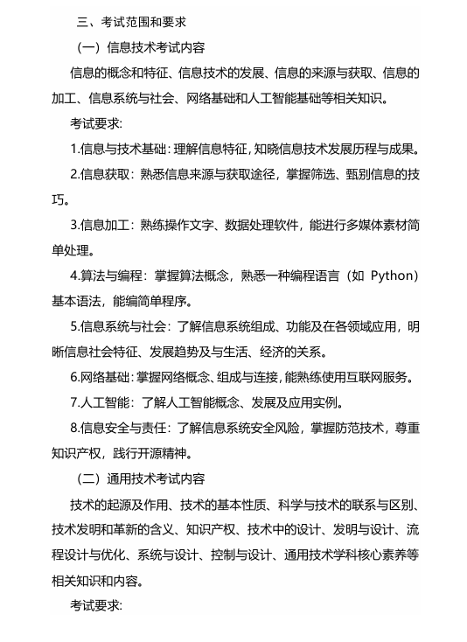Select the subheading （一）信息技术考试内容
pos(142,46)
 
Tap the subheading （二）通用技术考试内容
pos(142,478)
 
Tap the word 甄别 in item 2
pos(341,174)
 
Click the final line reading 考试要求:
pos(96,604)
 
